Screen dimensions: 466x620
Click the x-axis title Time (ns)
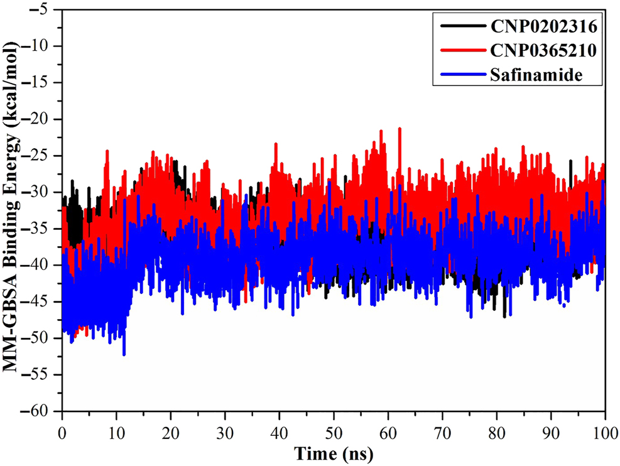(332, 452)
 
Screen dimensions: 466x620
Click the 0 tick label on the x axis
(62, 432)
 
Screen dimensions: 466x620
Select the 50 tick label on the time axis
(334, 432)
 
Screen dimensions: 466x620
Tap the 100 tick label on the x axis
(604, 432)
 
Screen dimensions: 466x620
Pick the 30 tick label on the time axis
(225, 432)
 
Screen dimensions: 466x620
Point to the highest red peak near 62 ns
(400, 129)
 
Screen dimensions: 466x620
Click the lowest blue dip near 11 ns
(124, 354)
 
